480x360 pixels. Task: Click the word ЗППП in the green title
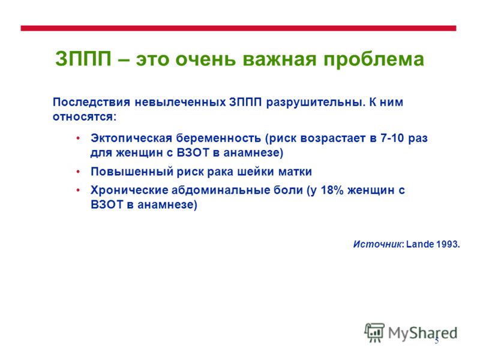click(83, 58)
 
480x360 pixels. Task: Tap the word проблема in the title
click(374, 59)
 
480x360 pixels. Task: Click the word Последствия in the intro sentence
click(91, 103)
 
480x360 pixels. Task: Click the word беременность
click(218, 139)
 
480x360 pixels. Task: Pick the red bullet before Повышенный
click(79, 172)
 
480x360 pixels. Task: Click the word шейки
click(256, 172)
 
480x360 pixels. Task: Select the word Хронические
click(129, 190)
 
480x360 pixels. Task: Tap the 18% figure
click(332, 190)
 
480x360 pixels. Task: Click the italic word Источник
click(377, 244)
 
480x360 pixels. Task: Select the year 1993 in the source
click(447, 244)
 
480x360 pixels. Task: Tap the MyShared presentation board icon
click(374, 332)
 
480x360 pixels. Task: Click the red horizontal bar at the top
click(238, 28)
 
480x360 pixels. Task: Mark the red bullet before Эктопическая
click(79, 139)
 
